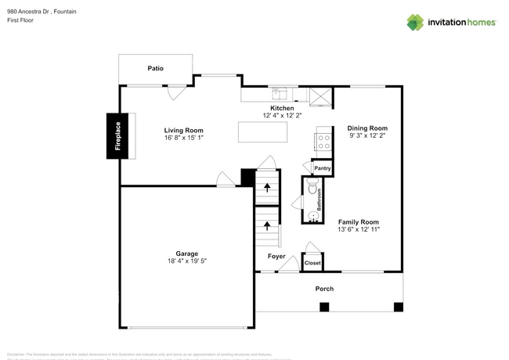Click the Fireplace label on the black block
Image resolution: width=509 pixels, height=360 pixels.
click(118, 136)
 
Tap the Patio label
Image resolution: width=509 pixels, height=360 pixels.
click(156, 69)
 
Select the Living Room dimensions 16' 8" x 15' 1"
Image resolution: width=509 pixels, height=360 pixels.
click(183, 139)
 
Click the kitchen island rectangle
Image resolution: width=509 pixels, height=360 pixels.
click(262, 132)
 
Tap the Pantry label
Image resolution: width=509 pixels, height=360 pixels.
click(322, 168)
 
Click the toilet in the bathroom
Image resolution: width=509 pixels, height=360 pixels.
click(313, 189)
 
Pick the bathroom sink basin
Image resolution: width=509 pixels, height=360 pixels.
click(312, 221)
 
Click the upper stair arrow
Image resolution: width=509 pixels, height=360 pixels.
click(267, 188)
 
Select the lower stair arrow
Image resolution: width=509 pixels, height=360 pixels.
click(267, 227)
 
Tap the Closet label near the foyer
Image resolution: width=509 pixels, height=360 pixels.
click(312, 264)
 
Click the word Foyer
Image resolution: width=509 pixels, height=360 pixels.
click(276, 256)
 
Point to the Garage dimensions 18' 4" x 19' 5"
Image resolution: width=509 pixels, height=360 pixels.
click(186, 261)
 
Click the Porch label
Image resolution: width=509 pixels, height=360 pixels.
click(324, 289)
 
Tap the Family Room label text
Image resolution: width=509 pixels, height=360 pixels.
click(359, 221)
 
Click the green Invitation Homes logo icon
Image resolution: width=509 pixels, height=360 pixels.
click(414, 22)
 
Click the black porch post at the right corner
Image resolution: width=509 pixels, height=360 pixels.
click(398, 306)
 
